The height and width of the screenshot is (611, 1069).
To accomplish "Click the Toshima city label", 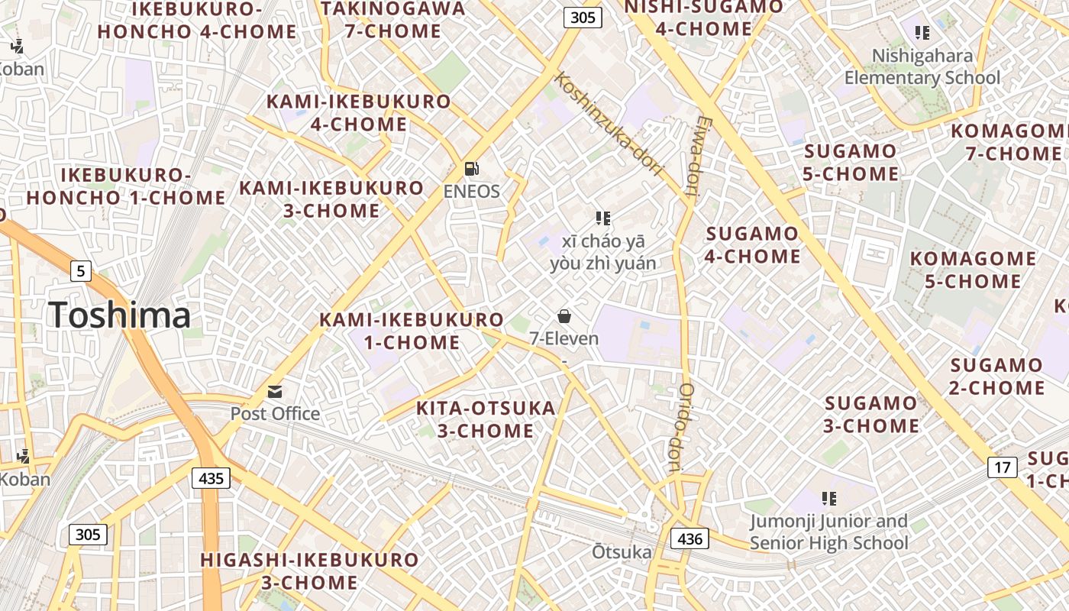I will [x=119, y=315].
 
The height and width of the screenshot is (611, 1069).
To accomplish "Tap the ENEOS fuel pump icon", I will [x=472, y=168].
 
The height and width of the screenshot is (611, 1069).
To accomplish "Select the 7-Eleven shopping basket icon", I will [x=564, y=315].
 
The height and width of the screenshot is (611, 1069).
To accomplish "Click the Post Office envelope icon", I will [x=275, y=392].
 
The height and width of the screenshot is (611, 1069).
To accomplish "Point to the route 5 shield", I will [x=81, y=270].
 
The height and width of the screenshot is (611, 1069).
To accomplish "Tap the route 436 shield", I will [x=690, y=538].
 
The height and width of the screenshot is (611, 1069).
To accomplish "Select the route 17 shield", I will [x=1003, y=467].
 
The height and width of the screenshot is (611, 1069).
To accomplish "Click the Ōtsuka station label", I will [x=622, y=552].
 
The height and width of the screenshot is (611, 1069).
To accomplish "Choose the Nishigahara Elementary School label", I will [x=922, y=66].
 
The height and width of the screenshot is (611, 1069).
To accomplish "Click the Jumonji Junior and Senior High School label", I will [x=828, y=532].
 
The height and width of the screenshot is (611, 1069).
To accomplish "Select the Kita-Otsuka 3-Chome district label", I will [x=486, y=419].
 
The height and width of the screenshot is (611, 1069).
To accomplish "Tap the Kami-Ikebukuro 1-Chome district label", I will [x=412, y=331].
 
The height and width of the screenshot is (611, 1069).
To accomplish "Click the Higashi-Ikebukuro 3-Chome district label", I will [x=309, y=571].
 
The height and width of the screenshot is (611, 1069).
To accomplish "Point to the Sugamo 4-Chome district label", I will [x=752, y=244].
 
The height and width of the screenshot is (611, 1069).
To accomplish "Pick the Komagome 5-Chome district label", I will [x=973, y=270].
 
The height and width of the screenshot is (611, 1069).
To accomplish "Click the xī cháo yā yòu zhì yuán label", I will [x=602, y=253].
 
